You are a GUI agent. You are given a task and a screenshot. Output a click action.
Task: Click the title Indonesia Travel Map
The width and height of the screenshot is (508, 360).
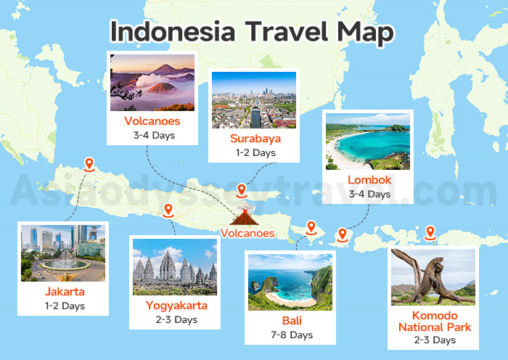(252, 31)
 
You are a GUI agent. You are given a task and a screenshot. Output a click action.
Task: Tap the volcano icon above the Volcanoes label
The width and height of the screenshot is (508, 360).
(242, 217)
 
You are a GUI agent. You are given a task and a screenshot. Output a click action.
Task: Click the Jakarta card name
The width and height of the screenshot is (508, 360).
(64, 292)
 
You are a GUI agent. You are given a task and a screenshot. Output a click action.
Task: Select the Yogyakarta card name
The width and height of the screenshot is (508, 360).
(176, 306)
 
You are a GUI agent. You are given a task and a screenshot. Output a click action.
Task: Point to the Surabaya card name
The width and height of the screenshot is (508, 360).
(254, 139)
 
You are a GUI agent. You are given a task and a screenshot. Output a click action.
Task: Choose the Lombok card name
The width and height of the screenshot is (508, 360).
(369, 180)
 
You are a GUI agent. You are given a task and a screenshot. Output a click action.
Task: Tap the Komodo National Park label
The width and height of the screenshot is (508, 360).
(435, 322)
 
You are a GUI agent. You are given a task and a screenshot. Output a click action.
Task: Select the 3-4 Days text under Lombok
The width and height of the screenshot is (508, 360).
(369, 194)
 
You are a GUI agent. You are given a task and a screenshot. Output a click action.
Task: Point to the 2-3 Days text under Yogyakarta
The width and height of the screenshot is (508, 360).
(176, 319)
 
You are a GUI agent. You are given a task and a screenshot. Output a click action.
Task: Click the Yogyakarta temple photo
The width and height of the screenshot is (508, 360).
(175, 266)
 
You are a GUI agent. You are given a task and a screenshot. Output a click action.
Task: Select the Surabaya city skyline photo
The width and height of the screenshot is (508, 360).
(254, 100)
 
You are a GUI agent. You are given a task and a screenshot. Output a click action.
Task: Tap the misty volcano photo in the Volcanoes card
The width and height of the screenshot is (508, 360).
(152, 82)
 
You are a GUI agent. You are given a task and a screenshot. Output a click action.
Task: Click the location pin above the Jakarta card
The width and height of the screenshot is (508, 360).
(89, 165)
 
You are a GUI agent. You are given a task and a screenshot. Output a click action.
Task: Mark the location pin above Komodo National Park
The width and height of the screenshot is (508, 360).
(430, 234)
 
